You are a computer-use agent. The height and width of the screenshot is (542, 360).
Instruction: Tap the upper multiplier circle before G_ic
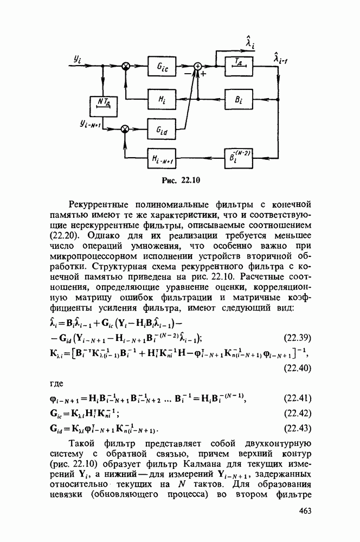[125, 67]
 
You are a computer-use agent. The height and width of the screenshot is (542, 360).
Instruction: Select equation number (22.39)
[297, 339]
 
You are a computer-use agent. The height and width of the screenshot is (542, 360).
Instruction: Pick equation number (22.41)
[297, 399]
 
